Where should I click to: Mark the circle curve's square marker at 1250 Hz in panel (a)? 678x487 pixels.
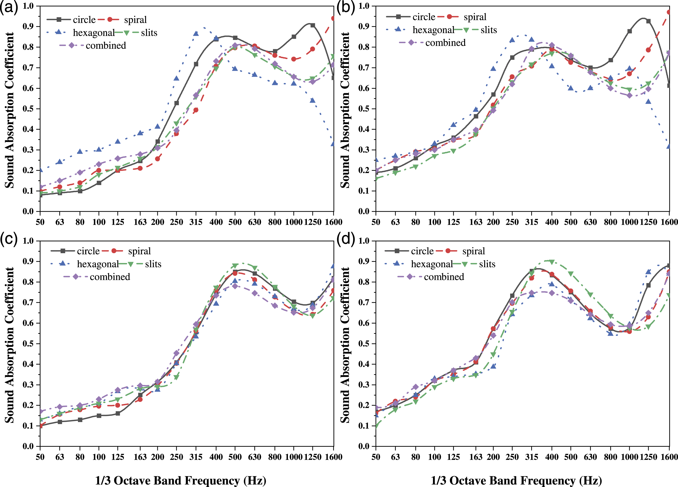click(x=313, y=25)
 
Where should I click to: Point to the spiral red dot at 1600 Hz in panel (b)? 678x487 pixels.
click(x=669, y=12)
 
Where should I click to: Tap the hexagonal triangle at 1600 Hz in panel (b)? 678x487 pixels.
click(x=669, y=146)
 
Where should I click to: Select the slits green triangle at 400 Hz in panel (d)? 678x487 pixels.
click(x=552, y=262)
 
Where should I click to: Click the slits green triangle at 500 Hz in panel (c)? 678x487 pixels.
click(x=235, y=266)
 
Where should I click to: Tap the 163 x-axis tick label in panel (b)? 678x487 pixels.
click(x=476, y=222)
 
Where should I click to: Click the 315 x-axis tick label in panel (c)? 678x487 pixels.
click(x=196, y=457)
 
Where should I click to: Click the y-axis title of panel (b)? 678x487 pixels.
click(x=345, y=110)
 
